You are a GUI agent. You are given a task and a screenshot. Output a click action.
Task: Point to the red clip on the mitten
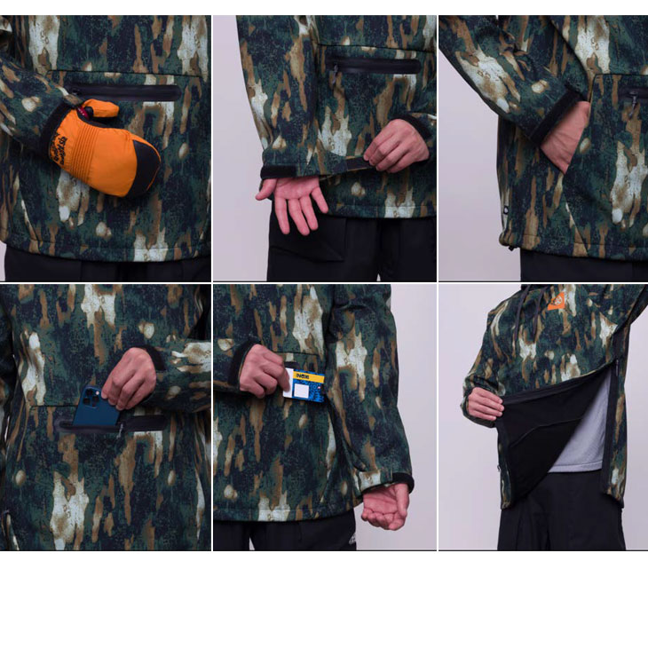point(86,111)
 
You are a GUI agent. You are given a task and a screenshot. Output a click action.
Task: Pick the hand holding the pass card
point(264,370)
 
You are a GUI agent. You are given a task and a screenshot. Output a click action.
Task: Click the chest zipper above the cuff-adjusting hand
point(373,65)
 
